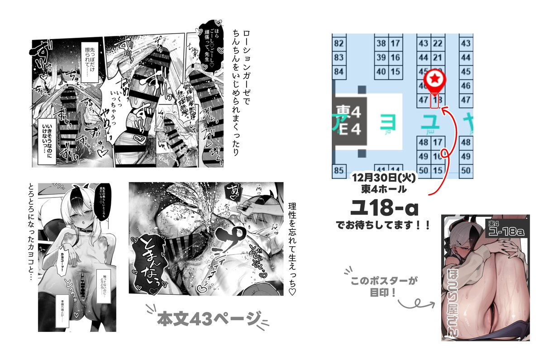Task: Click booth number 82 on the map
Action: pyautogui.click(x=338, y=44)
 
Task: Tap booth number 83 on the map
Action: pyautogui.click(x=338, y=58)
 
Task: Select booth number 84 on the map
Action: pyautogui.click(x=338, y=72)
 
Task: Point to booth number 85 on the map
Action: pyautogui.click(x=338, y=171)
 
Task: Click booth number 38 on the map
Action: pyautogui.click(x=381, y=44)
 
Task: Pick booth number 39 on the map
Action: pyautogui.click(x=381, y=58)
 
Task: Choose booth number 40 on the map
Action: pyautogui.click(x=381, y=72)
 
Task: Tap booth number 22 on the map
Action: pyautogui.click(x=438, y=44)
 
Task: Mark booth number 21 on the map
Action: pyautogui.click(x=438, y=58)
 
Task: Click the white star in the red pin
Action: pyautogui.click(x=434, y=80)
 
